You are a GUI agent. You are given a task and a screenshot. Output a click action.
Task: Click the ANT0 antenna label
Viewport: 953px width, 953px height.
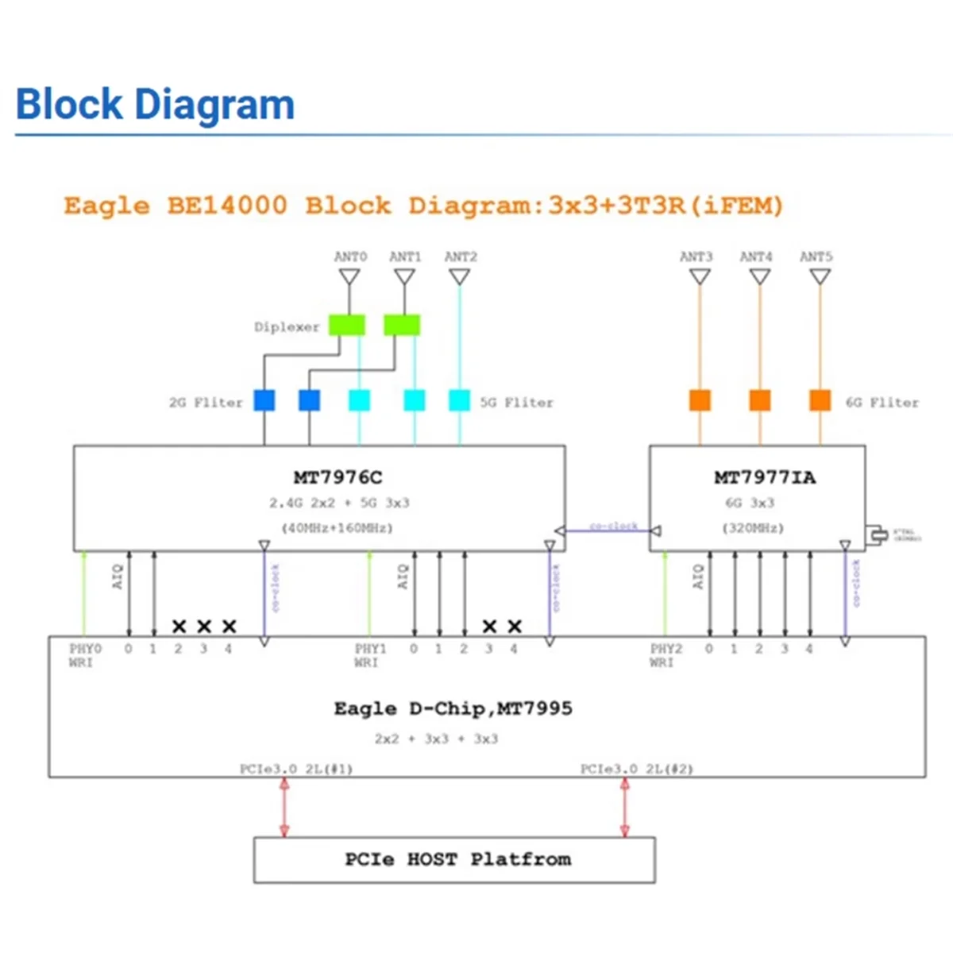(350, 257)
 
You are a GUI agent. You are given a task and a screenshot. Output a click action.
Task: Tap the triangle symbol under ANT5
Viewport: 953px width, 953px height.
(820, 276)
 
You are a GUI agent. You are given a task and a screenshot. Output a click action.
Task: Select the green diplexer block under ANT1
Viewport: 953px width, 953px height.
(402, 325)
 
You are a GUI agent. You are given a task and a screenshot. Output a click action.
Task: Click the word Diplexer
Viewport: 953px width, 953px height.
(287, 326)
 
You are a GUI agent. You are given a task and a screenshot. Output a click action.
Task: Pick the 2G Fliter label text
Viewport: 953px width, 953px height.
(206, 402)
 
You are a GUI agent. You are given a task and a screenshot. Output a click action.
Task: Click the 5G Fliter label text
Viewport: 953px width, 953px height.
(516, 402)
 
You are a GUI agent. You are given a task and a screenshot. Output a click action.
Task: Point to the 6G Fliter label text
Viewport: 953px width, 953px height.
(882, 402)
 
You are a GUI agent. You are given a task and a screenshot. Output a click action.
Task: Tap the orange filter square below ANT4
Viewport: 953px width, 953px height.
(760, 400)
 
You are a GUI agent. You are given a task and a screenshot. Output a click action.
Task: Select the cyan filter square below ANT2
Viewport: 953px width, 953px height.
(459, 400)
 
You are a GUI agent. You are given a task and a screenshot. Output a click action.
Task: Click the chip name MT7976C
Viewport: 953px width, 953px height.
(338, 477)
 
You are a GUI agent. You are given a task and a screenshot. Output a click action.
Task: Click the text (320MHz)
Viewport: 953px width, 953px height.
(752, 527)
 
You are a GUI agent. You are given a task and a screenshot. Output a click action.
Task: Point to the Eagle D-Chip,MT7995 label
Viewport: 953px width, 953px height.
(453, 708)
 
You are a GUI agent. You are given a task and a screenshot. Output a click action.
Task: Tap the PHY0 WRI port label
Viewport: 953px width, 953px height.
(84, 655)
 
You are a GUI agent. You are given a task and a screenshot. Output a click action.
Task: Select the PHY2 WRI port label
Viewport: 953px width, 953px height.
(666, 655)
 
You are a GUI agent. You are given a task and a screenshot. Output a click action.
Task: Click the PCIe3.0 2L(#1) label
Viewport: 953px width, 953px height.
(296, 769)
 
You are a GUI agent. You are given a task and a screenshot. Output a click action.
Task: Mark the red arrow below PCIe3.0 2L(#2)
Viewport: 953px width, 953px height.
(625, 807)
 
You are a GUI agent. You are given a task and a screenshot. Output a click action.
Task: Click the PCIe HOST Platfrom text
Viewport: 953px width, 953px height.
(457, 859)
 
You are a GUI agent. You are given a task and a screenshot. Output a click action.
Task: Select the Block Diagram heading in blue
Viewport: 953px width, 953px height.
(155, 105)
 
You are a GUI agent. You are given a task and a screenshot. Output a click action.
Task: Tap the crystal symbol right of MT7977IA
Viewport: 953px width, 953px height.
(877, 534)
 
